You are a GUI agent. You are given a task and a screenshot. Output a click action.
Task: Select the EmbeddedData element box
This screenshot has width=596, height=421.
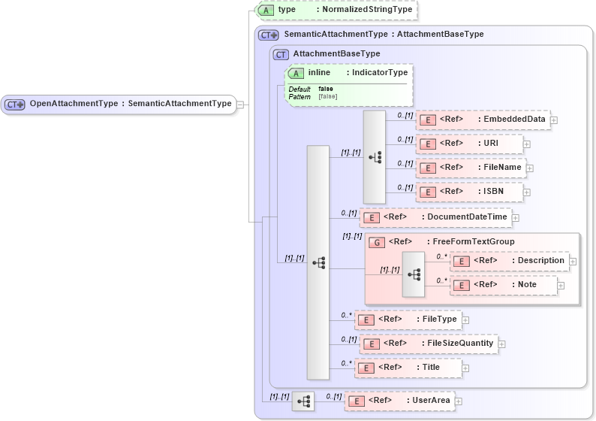click(483, 120)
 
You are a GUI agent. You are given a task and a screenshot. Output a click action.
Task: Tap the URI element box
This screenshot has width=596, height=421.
click(469, 144)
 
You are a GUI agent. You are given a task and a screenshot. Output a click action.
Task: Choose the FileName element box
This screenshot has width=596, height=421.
click(471, 168)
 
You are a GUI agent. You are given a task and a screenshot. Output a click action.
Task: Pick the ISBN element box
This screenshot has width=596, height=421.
click(469, 192)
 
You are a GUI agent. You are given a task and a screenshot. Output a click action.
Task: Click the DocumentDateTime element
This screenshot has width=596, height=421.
click(435, 217)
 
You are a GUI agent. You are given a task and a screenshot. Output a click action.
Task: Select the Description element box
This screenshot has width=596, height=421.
click(510, 261)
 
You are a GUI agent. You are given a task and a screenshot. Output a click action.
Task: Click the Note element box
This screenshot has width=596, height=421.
click(504, 285)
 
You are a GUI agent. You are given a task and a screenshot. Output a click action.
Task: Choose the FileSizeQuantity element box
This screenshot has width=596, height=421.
click(429, 344)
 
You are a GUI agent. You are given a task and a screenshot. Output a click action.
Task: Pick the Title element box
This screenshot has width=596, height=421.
click(408, 368)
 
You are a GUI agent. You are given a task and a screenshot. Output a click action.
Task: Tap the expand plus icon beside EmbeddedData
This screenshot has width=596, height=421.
click(554, 120)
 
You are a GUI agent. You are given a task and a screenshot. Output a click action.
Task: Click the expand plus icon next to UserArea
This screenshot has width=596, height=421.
click(458, 401)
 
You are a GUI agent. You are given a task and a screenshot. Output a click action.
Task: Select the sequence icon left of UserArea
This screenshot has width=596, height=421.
click(303, 401)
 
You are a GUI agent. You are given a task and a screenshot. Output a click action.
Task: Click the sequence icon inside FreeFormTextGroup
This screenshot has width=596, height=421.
click(414, 274)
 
